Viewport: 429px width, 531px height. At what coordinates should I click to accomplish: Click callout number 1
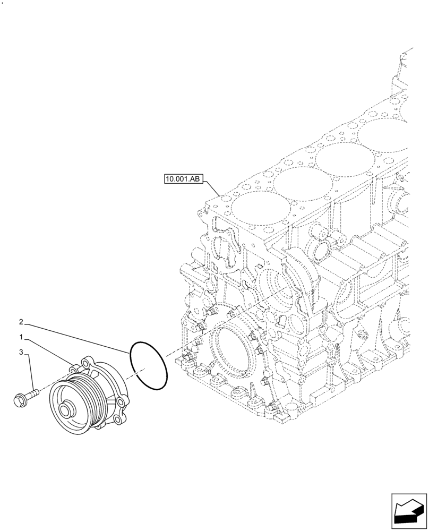pos(21,337)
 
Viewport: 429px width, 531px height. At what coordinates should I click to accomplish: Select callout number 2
pos(21,322)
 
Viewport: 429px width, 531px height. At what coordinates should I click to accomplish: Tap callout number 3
pos(21,352)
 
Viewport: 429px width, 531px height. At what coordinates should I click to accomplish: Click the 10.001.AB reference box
pos(183,180)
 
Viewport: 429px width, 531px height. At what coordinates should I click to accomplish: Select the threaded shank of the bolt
pos(31,393)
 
